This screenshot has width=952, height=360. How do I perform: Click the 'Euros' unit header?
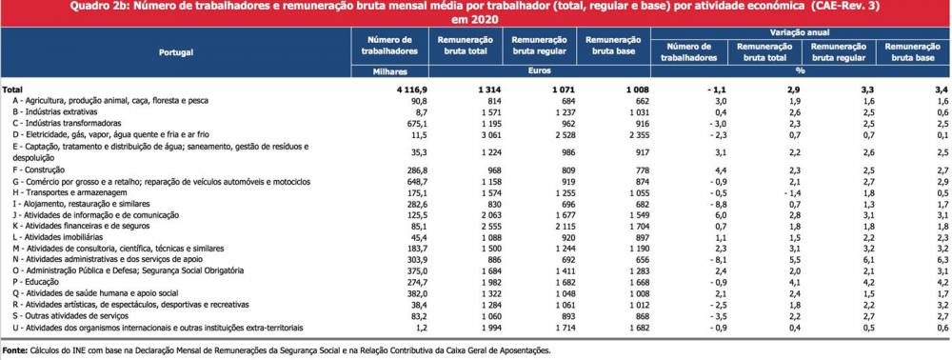tap(539, 71)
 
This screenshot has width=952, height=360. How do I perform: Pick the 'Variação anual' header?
tap(801, 32)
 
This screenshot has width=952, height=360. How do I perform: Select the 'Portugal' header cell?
tap(176, 52)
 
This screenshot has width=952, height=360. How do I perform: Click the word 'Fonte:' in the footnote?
tap(14, 350)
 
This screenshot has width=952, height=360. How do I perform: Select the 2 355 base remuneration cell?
tap(637, 135)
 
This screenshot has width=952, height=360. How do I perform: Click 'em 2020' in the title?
tap(476, 19)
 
